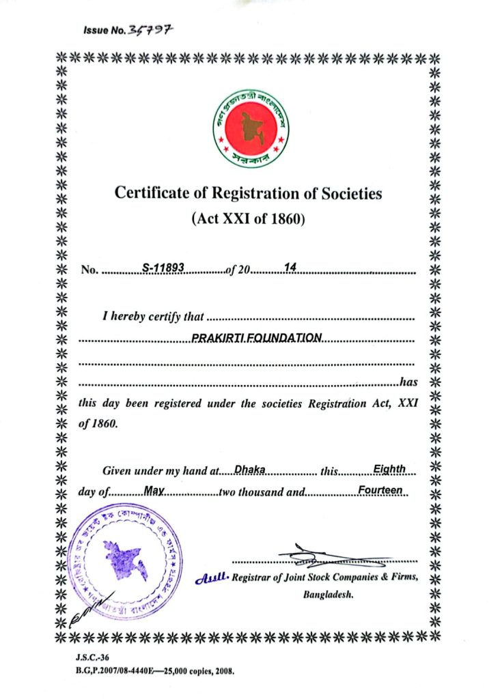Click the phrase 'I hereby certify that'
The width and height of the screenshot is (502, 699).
(153, 316)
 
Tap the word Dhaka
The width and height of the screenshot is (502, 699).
(249, 469)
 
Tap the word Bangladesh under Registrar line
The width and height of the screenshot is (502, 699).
(326, 595)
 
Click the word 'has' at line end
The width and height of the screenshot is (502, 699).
(408, 382)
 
